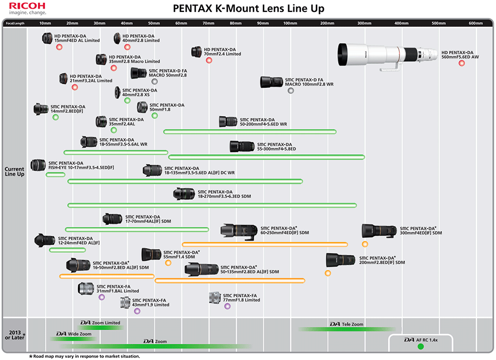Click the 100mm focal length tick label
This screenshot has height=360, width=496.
pos(290,23)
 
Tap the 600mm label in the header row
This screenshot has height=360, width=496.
pos(475,23)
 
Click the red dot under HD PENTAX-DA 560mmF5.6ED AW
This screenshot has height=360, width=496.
pos(461,63)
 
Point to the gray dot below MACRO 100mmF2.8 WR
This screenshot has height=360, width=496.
pos(291,91)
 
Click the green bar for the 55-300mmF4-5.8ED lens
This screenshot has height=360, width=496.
pos(266,157)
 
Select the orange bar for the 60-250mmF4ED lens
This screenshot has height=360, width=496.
pos(264,244)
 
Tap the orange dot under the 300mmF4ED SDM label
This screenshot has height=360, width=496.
pos(364,244)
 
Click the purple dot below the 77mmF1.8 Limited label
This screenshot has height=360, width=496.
pos(227,306)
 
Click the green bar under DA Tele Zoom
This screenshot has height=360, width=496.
pos(347,329)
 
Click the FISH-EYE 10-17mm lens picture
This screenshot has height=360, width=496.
pos(38,165)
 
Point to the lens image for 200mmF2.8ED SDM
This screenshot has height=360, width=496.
pos(340,260)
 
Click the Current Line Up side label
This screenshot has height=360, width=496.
pos(15,172)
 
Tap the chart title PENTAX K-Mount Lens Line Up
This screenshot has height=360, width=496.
pos(249,9)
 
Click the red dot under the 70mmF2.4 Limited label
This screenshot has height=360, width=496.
pos(209,60)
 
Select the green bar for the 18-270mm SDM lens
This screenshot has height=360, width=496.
pos(212,205)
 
